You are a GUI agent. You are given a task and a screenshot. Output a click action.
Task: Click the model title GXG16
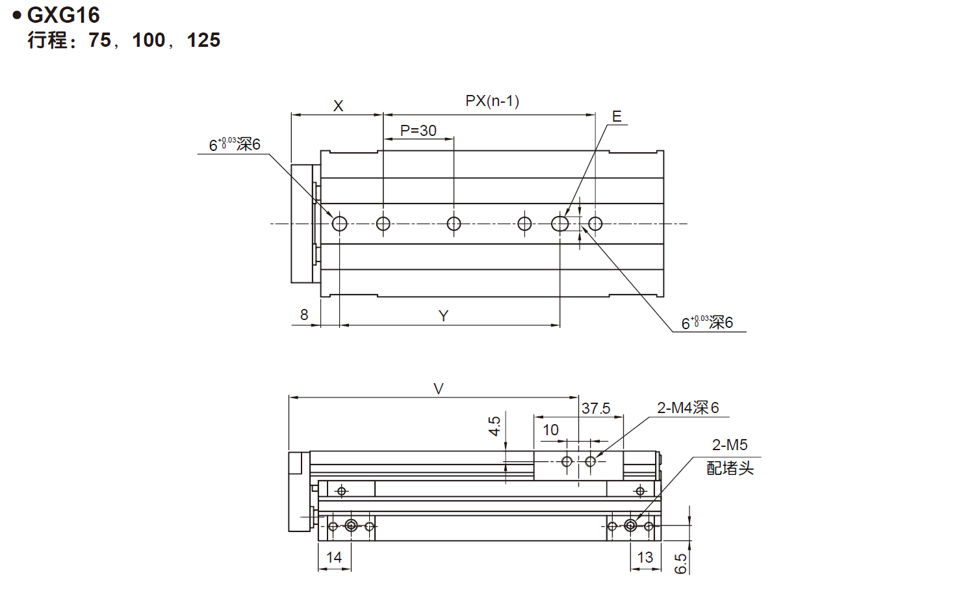click(63, 15)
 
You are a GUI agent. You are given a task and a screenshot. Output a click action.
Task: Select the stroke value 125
click(203, 40)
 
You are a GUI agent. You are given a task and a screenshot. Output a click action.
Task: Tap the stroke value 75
click(99, 40)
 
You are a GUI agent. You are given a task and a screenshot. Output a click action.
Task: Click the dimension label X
click(338, 106)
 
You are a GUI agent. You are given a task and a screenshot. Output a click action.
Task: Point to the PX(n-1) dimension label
click(492, 101)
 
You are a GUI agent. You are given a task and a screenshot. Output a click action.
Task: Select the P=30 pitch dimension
click(418, 131)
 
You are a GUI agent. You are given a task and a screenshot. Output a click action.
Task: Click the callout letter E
click(617, 116)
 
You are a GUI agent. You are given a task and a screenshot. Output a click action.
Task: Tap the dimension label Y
click(443, 316)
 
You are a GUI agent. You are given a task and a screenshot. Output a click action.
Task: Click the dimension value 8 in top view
click(304, 315)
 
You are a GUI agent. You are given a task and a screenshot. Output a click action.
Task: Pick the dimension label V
click(439, 389)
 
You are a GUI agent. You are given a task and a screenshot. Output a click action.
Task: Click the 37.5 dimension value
click(596, 409)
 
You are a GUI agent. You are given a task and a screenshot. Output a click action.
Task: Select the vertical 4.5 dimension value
click(495, 426)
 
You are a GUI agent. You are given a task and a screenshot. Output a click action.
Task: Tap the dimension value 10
click(550, 430)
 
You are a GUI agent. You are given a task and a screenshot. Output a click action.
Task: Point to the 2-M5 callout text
click(730, 445)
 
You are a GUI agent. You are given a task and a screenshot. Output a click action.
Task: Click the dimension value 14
click(334, 557)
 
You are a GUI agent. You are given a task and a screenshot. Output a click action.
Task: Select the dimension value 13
click(645, 557)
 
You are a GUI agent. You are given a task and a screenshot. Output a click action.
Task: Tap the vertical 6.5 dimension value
click(680, 563)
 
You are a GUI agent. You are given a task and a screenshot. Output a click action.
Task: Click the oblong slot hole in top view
click(560, 224)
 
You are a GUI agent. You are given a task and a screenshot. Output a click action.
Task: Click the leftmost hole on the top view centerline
click(339, 224)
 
